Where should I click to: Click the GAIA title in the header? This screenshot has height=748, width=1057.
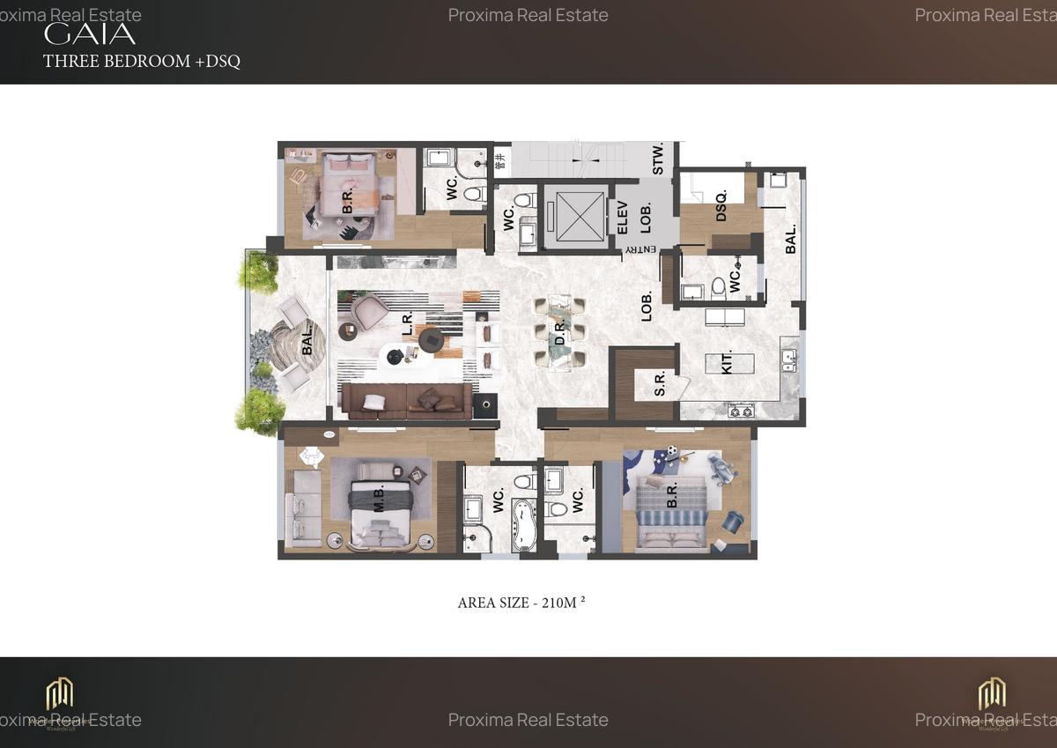pyautogui.click(x=90, y=34)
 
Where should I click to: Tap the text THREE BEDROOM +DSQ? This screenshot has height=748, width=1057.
pyautogui.click(x=142, y=61)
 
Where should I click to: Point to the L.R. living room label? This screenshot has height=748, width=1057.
pyautogui.click(x=408, y=323)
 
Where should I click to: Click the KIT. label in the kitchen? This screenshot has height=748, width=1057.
pyautogui.click(x=728, y=365)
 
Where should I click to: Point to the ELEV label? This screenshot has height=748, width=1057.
pyautogui.click(x=622, y=218)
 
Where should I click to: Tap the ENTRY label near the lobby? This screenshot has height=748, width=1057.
pyautogui.click(x=641, y=250)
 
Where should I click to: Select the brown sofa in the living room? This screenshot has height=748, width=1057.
pyautogui.click(x=405, y=400)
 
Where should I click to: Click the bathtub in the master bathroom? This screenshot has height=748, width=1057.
pyautogui.click(x=525, y=525)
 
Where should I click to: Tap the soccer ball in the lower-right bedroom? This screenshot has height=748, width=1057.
pyautogui.click(x=671, y=451)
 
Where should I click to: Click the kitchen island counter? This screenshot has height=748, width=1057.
pyautogui.click(x=729, y=364)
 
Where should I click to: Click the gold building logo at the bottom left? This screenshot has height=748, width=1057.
pyautogui.click(x=60, y=693)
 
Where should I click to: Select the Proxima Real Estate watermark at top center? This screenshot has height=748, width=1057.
pyautogui.click(x=528, y=15)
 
